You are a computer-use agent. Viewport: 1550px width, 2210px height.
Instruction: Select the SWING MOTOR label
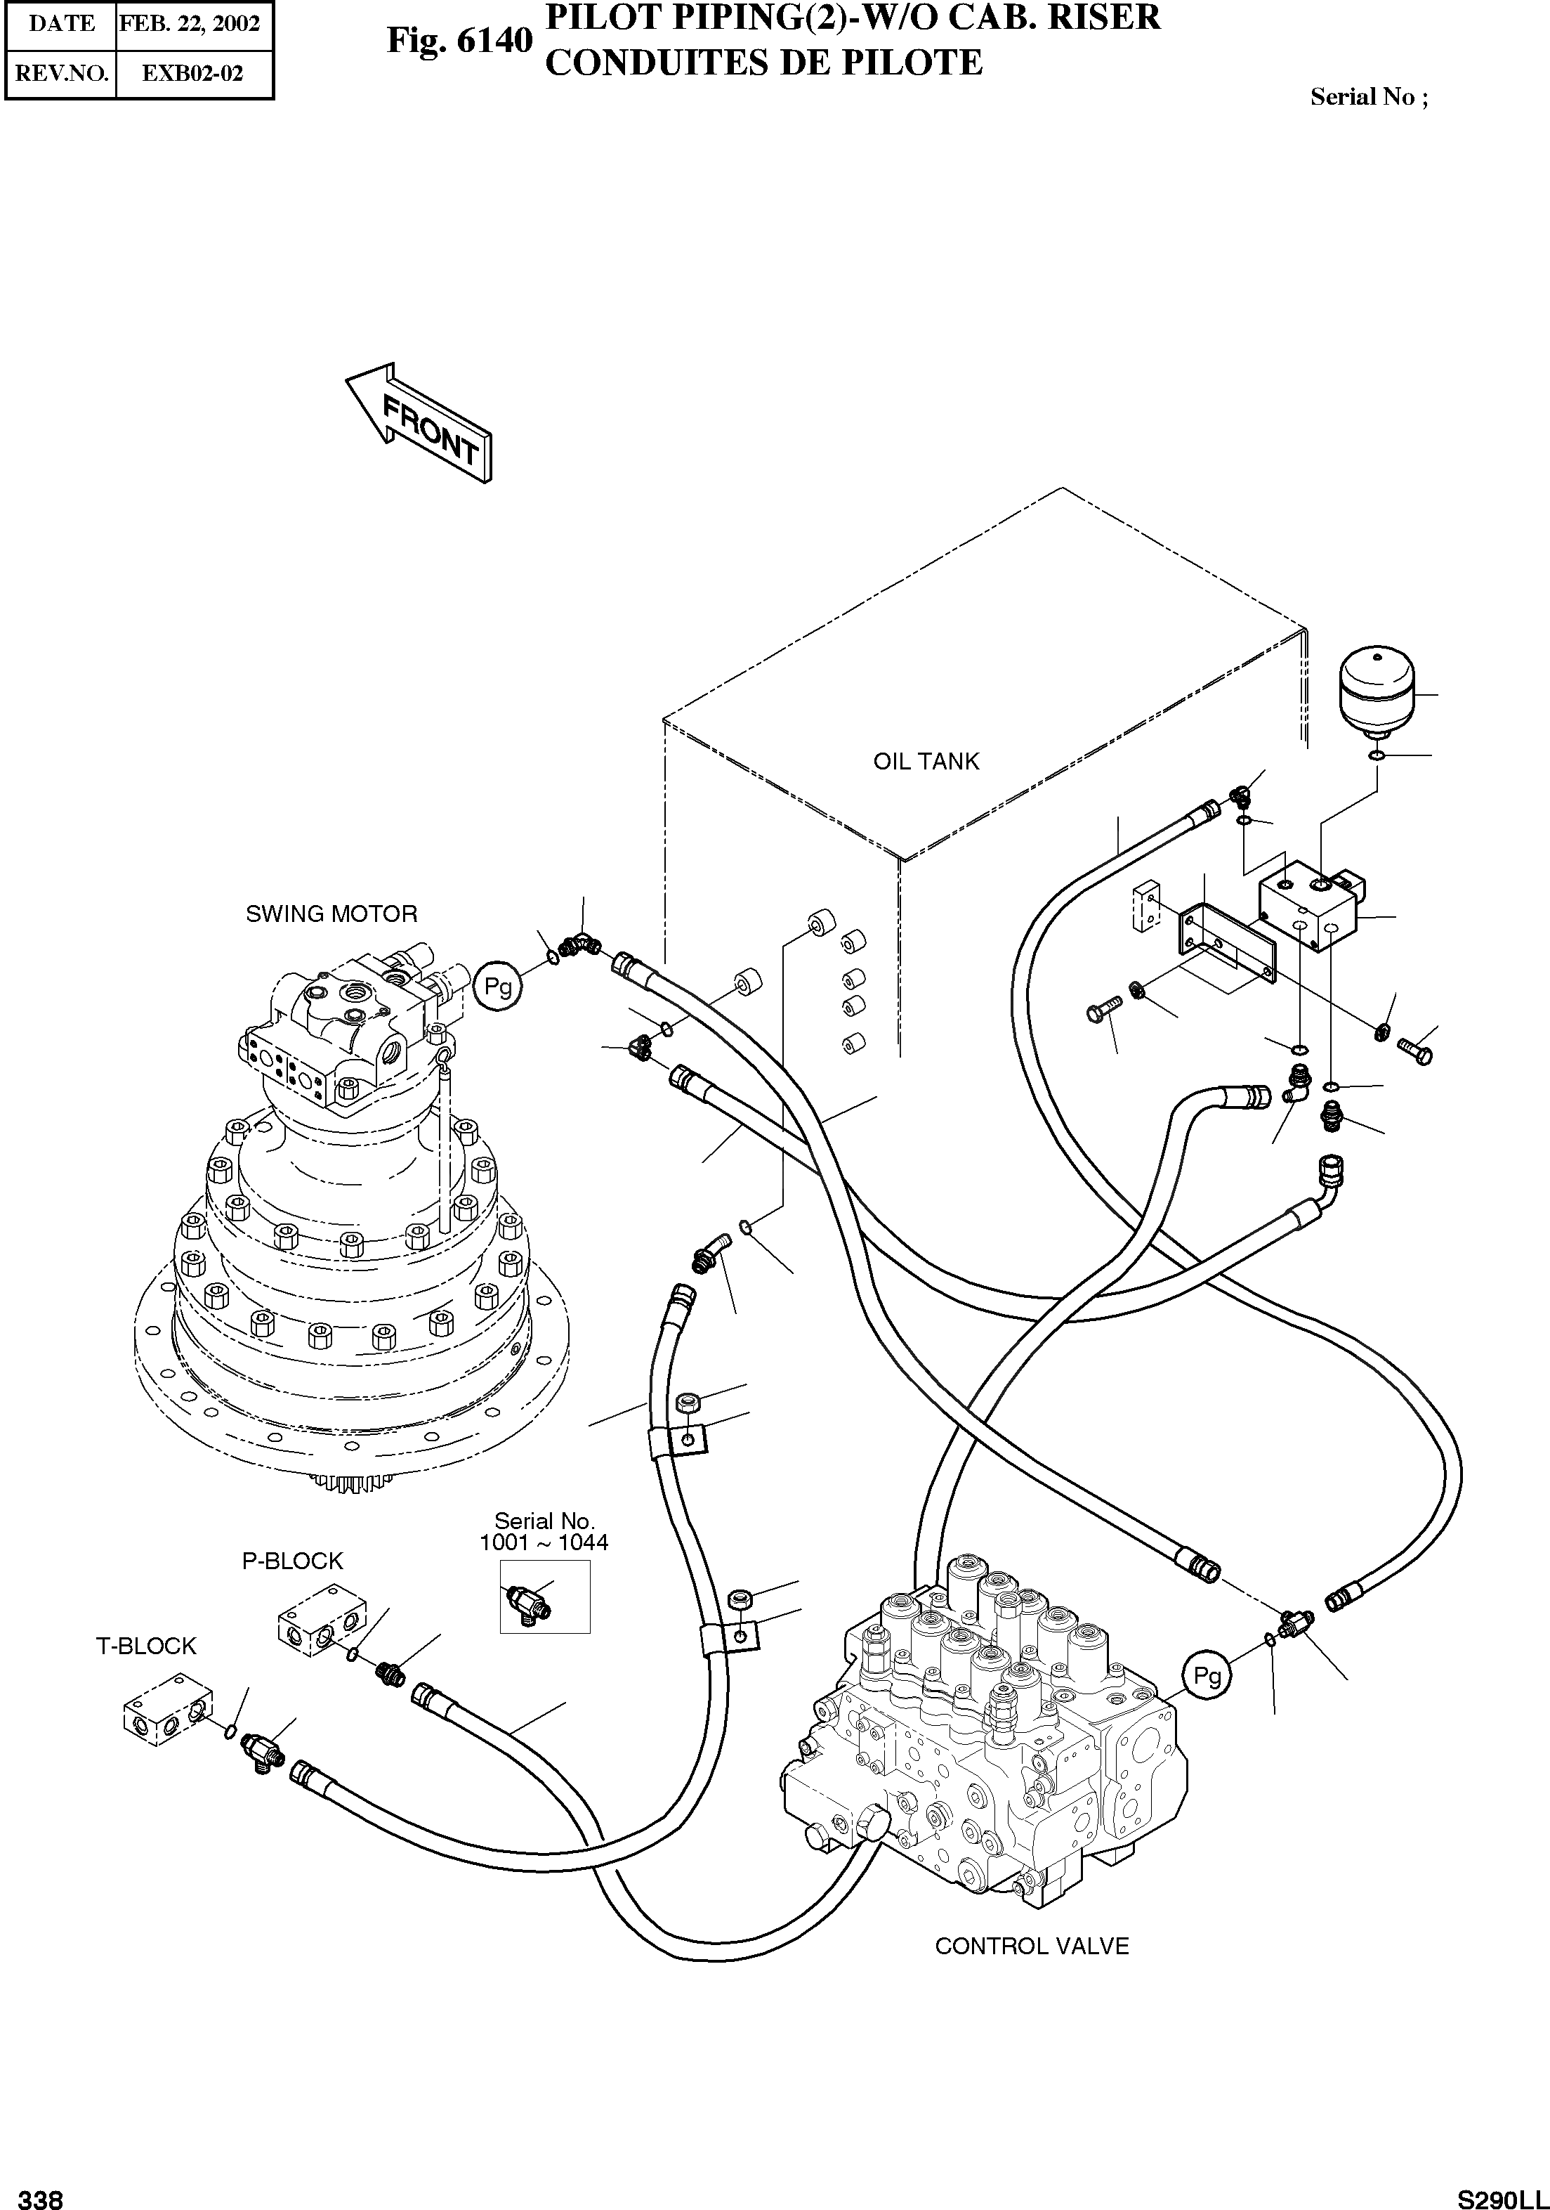(332, 914)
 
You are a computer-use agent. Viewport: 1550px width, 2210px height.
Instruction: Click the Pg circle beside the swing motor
(497, 987)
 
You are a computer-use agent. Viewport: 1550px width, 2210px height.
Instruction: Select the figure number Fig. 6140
(459, 41)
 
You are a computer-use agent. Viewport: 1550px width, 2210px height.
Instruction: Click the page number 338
(41, 2197)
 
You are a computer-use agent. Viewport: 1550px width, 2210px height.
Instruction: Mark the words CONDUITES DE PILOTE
(764, 63)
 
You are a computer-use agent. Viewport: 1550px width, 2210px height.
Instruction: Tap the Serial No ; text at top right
(1369, 96)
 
